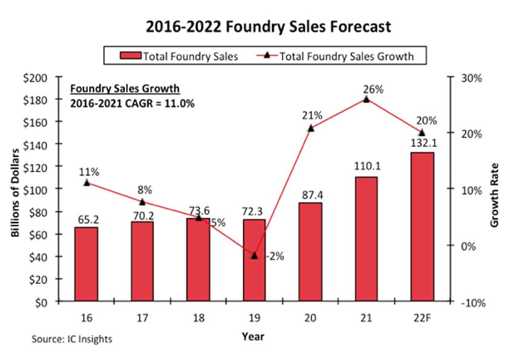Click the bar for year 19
click(x=254, y=260)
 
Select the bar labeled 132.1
click(x=422, y=227)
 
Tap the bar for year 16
click(x=86, y=264)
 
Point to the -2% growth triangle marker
click(x=254, y=255)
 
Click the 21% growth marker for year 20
click(x=310, y=128)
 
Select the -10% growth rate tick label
click(x=470, y=303)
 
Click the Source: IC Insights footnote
click(x=72, y=339)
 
